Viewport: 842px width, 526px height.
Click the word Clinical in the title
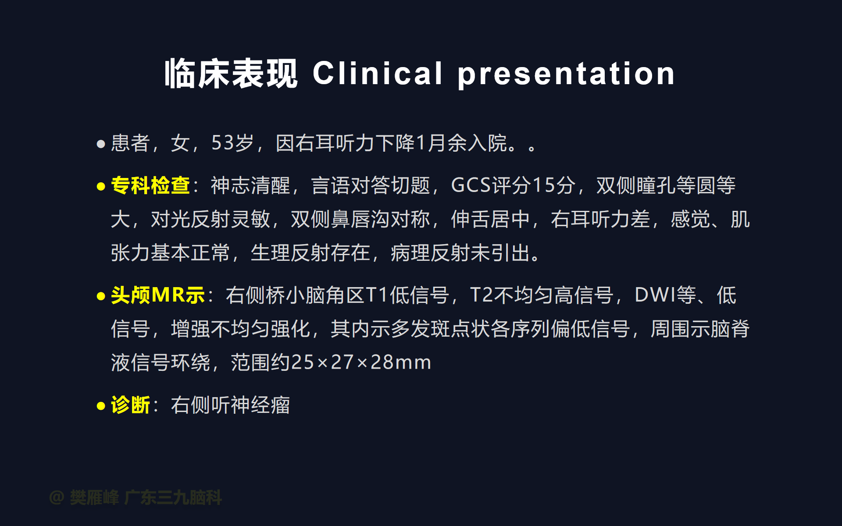pyautogui.click(x=378, y=73)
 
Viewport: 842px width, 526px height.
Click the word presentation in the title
pyautogui.click(x=566, y=74)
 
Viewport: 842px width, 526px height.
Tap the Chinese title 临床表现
pyautogui.click(x=231, y=74)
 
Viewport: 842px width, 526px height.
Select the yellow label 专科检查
pyautogui.click(x=150, y=185)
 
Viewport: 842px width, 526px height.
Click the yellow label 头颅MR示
pyautogui.click(x=158, y=295)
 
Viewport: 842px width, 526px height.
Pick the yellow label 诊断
pyautogui.click(x=131, y=405)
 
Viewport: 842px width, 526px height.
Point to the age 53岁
pyautogui.click(x=232, y=143)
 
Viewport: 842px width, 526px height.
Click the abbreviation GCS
pyautogui.click(x=471, y=185)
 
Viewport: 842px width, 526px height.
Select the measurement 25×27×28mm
pyautogui.click(x=361, y=363)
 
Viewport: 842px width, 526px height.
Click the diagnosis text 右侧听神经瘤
pyautogui.click(x=230, y=405)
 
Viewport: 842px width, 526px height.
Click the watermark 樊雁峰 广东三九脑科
pyautogui.click(x=146, y=498)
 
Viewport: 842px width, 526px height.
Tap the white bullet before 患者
pyautogui.click(x=101, y=144)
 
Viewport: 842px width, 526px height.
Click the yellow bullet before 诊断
pyautogui.click(x=101, y=406)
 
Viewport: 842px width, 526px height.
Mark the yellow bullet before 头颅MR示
pyautogui.click(x=101, y=296)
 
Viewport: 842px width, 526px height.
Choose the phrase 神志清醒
pyautogui.click(x=250, y=185)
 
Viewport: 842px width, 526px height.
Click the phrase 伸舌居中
pyautogui.click(x=491, y=219)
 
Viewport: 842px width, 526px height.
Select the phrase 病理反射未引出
pyautogui.click(x=460, y=253)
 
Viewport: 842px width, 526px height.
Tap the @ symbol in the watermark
pyautogui.click(x=57, y=498)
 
